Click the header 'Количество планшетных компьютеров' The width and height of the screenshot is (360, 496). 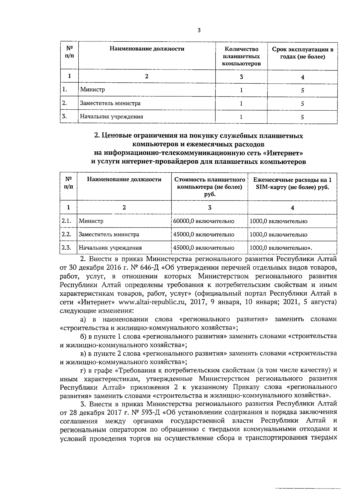pyautogui.click(x=241, y=56)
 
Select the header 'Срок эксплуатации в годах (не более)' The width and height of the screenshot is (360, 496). pyautogui.click(x=302, y=53)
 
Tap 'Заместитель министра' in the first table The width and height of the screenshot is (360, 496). pyautogui.click(x=110, y=103)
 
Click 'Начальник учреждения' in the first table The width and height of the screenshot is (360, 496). pyautogui.click(x=111, y=117)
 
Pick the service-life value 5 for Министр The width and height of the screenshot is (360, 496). pyautogui.click(x=302, y=90)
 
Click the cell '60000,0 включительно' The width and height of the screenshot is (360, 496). pyautogui.click(x=204, y=221)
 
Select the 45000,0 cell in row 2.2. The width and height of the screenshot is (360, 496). pyautogui.click(x=204, y=234)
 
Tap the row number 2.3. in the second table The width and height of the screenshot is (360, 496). pyautogui.click(x=66, y=248)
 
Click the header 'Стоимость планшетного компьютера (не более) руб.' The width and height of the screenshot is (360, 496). pyautogui.click(x=210, y=187)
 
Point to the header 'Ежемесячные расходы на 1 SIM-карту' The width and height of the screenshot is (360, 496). pyautogui.click(x=292, y=184)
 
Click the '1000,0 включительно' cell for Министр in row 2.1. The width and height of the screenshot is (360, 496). pyautogui.click(x=278, y=221)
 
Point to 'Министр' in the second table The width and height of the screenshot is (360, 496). pyautogui.click(x=91, y=221)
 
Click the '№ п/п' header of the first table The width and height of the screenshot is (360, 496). pyautogui.click(x=69, y=52)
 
